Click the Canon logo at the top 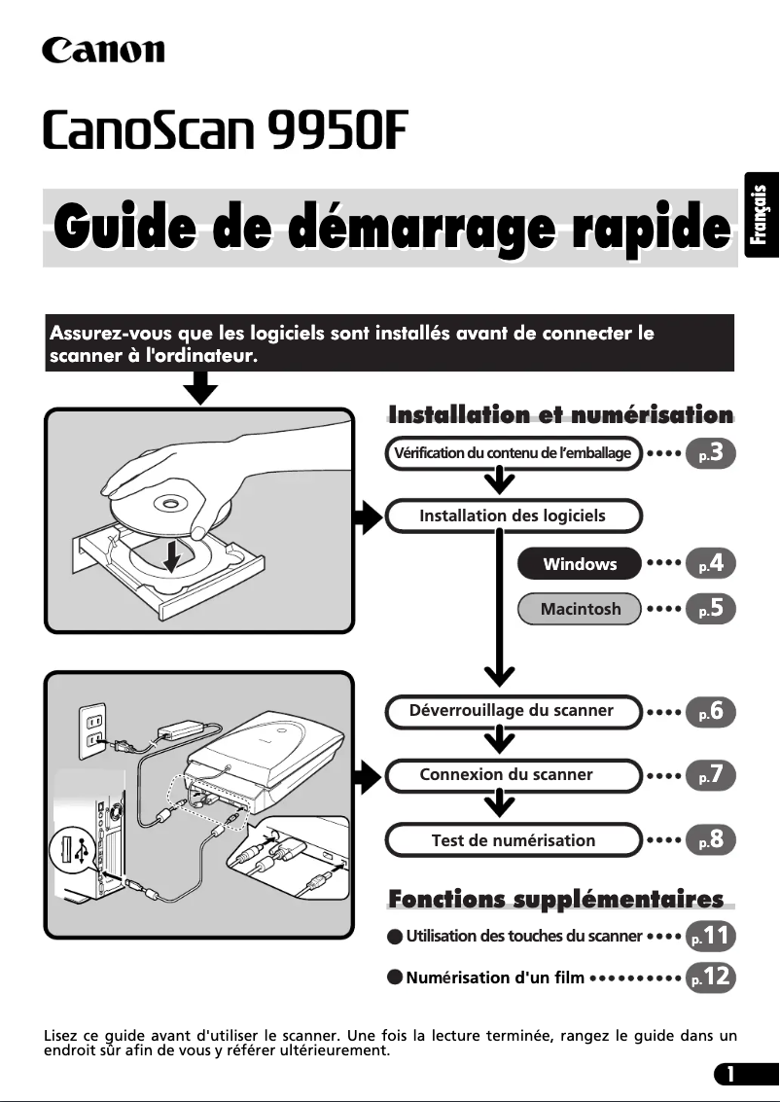[103, 50]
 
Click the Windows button [580, 564]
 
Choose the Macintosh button [580, 609]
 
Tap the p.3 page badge [710, 453]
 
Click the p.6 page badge [710, 711]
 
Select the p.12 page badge [710, 977]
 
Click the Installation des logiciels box [513, 515]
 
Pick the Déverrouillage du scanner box [513, 711]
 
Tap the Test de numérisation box [513, 839]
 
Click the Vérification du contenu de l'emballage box [513, 453]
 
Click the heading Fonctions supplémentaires [555, 899]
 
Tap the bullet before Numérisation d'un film [394, 978]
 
